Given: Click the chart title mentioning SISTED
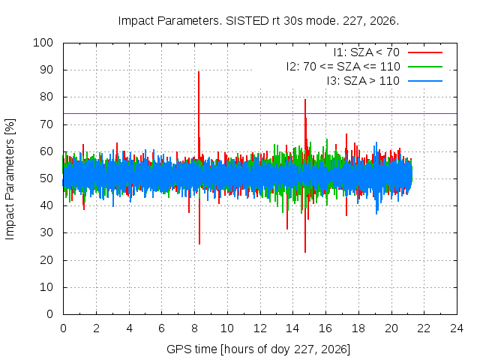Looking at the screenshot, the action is [258, 21].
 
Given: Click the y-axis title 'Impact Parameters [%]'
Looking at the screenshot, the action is [10, 179].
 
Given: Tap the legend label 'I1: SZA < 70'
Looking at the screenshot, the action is [367, 52].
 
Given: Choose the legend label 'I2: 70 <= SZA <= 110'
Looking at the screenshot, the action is [343, 67].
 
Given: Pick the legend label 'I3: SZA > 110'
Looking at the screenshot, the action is [363, 81].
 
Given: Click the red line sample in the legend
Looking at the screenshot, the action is [425, 52].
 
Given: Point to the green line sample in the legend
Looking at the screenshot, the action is [425, 67].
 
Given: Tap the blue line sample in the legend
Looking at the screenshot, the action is [425, 81].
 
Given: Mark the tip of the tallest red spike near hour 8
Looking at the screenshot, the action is [199, 72].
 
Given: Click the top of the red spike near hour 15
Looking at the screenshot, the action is [305, 100].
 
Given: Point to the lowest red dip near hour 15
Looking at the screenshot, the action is [305, 252].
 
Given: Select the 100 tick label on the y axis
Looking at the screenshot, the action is [43, 43].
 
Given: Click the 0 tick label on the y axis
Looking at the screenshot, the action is [50, 314].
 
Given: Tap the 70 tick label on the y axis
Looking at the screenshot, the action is [46, 124].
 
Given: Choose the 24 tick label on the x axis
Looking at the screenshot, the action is [457, 328].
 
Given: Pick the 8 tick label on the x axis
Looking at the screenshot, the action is [194, 328].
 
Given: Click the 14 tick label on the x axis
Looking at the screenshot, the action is [292, 328].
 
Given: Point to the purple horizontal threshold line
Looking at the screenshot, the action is [260, 113].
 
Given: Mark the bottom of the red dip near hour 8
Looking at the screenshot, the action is [199, 244].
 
